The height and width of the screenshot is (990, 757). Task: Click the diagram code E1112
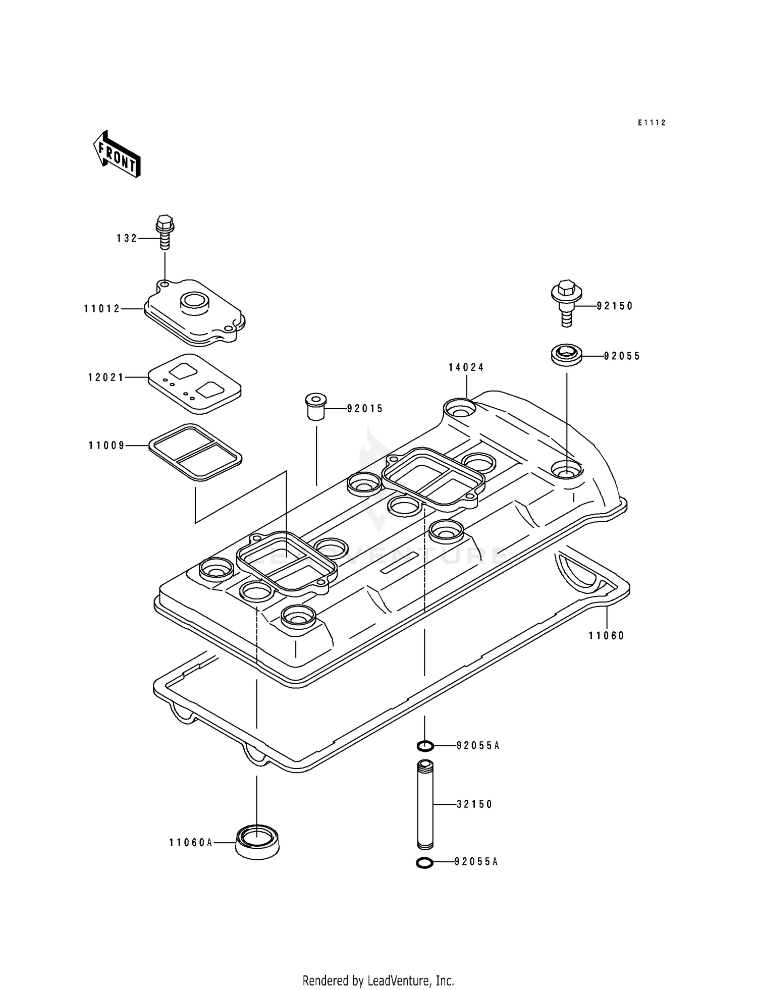click(652, 123)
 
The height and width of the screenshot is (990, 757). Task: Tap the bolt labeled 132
click(165, 232)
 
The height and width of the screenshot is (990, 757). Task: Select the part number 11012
click(102, 308)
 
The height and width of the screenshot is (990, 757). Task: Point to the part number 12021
click(106, 377)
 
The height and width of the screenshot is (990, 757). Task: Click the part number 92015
click(365, 409)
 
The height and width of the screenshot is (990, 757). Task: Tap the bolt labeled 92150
click(566, 302)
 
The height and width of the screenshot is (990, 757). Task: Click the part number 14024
click(466, 367)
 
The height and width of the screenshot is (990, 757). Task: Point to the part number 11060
click(607, 636)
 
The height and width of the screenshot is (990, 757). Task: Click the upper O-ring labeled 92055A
click(425, 745)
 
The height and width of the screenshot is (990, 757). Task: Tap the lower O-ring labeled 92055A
click(425, 863)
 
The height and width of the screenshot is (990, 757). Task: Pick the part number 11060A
click(191, 842)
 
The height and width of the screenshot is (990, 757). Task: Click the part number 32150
click(474, 804)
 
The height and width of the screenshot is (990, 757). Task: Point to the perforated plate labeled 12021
click(195, 383)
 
